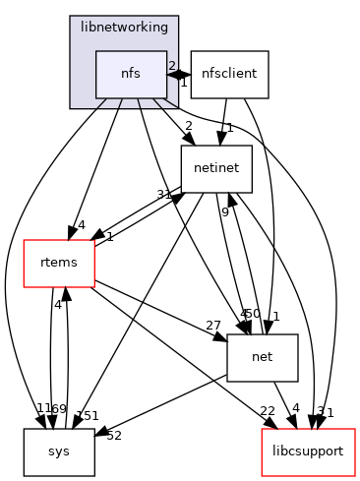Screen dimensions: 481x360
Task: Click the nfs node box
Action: [x=131, y=74]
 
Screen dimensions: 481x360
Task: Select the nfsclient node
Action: [x=229, y=74]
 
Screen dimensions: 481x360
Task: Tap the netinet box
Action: [x=216, y=168]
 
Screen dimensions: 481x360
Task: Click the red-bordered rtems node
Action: [x=59, y=263]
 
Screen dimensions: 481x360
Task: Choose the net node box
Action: [x=262, y=357]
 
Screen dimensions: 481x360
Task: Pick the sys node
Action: [x=59, y=451]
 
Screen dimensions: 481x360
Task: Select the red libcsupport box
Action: [x=307, y=451]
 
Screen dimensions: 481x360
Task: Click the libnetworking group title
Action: [x=124, y=28]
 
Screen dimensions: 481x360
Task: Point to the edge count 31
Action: [x=163, y=194]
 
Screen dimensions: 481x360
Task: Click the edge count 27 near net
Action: [x=212, y=326]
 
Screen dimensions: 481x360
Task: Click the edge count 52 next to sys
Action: [x=113, y=436]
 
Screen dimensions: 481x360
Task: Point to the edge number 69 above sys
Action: [x=59, y=408]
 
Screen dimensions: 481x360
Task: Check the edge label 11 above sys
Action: [x=43, y=408]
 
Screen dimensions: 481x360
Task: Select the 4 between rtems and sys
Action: [x=58, y=305]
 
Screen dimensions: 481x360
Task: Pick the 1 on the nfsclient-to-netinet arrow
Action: [x=228, y=128]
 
